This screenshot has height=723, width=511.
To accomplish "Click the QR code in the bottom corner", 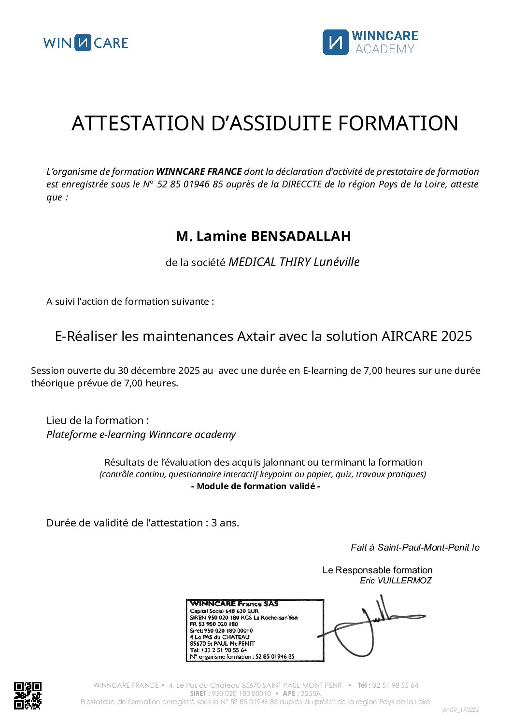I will (x=28, y=695).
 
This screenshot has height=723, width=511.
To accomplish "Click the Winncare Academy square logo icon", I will (x=335, y=42).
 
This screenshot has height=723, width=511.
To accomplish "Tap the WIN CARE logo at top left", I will (x=85, y=43).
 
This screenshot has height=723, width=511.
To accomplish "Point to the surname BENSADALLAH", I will (x=300, y=236).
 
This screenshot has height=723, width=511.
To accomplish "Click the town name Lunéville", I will (x=337, y=262).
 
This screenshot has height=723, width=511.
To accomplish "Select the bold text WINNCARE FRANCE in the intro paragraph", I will (x=199, y=171).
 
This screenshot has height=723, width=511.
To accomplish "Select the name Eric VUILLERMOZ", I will (x=396, y=581).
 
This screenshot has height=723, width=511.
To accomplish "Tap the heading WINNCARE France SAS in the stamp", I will (x=234, y=604).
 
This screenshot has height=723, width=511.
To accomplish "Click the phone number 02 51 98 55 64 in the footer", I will (x=395, y=685).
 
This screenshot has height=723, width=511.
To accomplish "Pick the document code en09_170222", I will (x=461, y=709).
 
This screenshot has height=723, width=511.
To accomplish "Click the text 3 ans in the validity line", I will (x=225, y=523).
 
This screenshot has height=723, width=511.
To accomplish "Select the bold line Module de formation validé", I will (x=255, y=486).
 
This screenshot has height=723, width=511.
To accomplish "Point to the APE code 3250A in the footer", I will (x=311, y=693).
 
